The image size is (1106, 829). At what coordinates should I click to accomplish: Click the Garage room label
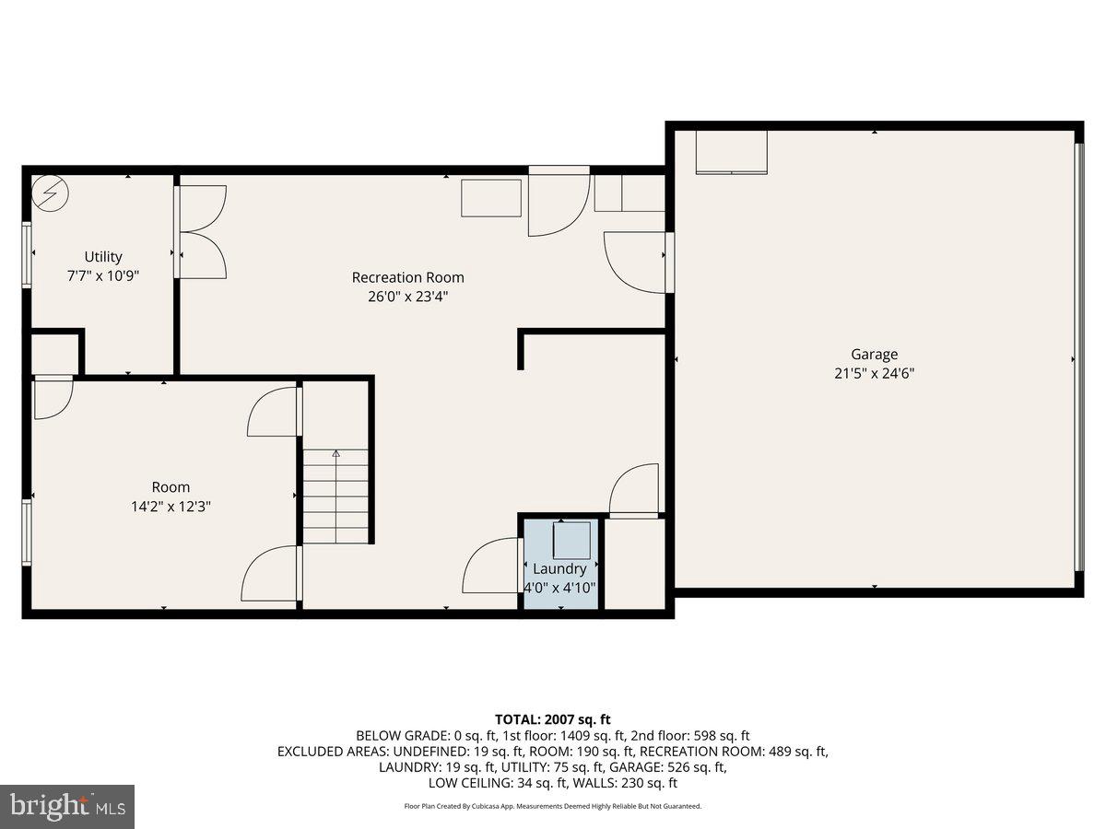(874, 354)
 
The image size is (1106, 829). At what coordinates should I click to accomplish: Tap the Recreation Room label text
(407, 277)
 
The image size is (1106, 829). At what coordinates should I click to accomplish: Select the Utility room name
(103, 257)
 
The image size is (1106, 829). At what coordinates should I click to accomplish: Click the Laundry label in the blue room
(559, 569)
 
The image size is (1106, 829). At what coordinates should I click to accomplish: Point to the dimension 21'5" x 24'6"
(874, 373)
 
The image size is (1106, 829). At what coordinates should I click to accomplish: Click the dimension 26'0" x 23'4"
(407, 297)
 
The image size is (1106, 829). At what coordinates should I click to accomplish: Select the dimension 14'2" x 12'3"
(171, 506)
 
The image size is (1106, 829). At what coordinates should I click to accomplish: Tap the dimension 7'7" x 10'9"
(103, 275)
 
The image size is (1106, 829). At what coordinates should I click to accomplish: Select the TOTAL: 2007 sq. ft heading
(552, 719)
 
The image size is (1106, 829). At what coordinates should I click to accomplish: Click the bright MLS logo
(67, 807)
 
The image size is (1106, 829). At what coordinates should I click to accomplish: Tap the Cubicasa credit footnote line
(552, 806)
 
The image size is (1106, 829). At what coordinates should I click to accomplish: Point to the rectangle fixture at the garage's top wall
(731, 152)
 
